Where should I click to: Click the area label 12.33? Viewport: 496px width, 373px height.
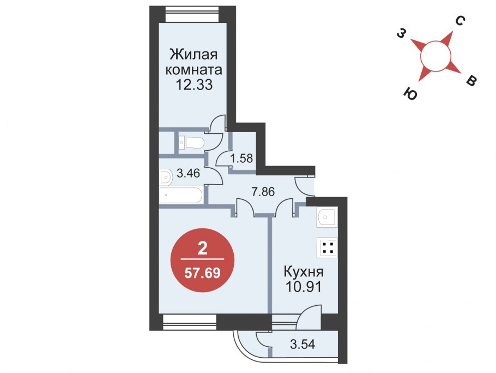coord(193,85)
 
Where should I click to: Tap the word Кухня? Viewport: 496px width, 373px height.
coord(304,272)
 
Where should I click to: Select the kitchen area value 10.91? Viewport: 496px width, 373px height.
coord(304,287)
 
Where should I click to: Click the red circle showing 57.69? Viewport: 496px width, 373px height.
coord(202,260)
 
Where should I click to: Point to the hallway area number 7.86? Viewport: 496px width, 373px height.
coord(263,192)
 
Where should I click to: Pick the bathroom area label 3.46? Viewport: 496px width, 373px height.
coord(188,173)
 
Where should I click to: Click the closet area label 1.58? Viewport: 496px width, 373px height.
coord(241,158)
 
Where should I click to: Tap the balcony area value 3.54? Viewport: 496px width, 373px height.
coord(303,344)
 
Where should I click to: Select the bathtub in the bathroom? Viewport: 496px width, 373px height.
coord(181,195)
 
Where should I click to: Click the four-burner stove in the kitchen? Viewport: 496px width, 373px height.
coord(328,247)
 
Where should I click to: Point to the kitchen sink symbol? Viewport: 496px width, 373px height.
coord(326,217)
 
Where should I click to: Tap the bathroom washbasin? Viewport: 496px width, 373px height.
coord(166,177)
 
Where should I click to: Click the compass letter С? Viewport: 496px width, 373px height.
coord(460,21)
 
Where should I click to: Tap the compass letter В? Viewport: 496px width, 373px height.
coord(471,81)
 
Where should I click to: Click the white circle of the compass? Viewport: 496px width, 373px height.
coord(435,56)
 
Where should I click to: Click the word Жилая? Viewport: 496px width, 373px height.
coord(193,55)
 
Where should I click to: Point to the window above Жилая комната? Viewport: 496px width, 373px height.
coord(192,14)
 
